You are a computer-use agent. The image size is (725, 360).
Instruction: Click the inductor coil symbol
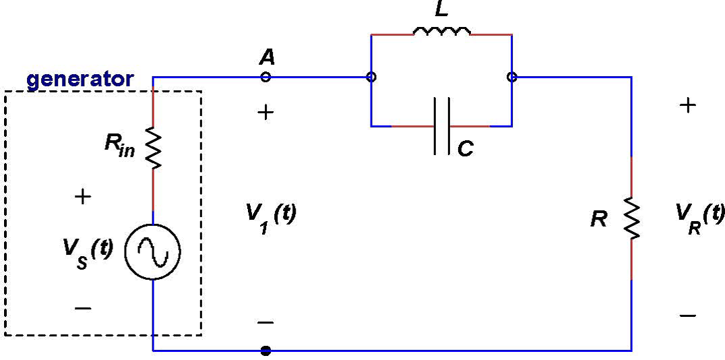tap(441, 31)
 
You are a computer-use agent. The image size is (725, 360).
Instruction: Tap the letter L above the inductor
tap(441, 9)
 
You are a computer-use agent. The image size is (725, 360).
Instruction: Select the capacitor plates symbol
tap(442, 126)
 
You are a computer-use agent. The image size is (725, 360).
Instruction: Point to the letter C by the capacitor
tap(465, 149)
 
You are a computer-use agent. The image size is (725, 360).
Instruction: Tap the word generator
tap(80, 80)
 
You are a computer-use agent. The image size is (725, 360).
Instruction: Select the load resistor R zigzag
tap(631, 219)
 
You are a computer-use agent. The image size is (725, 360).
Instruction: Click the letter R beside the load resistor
tap(598, 219)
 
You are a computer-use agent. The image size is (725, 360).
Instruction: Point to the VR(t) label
tap(699, 216)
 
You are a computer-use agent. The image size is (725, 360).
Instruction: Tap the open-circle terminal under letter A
tap(265, 77)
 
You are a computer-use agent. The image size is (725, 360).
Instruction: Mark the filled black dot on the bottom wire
tap(265, 351)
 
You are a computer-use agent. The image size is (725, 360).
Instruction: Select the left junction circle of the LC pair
tap(371, 77)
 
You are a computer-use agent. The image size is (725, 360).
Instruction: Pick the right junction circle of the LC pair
tap(511, 77)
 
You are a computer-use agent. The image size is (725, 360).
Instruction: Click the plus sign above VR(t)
tap(688, 106)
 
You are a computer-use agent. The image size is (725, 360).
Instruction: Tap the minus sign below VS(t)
tap(83, 308)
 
